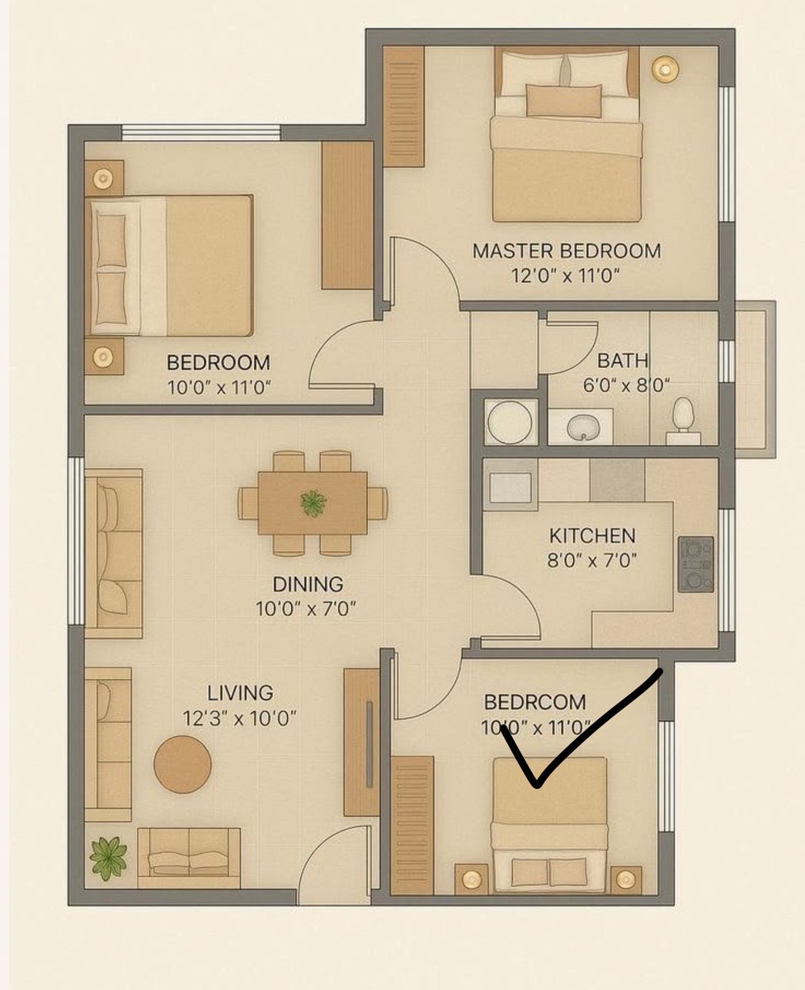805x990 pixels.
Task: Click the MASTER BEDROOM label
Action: tap(567, 251)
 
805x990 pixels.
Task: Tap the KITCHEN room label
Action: tap(592, 536)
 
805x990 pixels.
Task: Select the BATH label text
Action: tap(623, 361)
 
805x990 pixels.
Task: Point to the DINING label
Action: tap(308, 584)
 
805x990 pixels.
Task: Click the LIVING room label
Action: tap(240, 693)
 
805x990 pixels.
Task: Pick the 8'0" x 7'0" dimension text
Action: tap(591, 560)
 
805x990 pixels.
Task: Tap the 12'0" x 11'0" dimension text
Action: tap(566, 276)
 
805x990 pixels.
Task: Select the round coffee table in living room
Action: tap(182, 765)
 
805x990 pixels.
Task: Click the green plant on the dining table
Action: tap(313, 503)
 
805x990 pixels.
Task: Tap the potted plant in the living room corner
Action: tap(108, 859)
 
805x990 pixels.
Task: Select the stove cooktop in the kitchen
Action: tap(696, 564)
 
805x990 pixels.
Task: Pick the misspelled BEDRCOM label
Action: tap(535, 702)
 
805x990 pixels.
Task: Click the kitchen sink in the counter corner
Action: tap(511, 488)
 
